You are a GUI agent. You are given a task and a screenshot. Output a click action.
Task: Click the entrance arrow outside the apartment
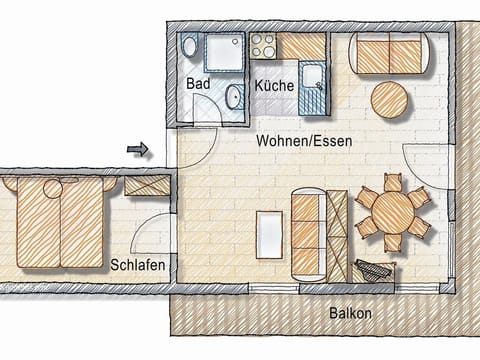(x=138, y=150)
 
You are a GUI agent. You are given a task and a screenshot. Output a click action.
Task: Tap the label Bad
(x=198, y=85)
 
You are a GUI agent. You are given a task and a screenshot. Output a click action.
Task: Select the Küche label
(x=274, y=86)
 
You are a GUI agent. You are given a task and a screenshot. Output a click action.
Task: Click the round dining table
(x=392, y=212)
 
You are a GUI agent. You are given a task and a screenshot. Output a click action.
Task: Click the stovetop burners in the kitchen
(x=263, y=45)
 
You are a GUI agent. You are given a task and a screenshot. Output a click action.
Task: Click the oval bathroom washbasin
(x=234, y=97)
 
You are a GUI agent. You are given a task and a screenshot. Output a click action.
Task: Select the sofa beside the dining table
(x=308, y=234)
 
